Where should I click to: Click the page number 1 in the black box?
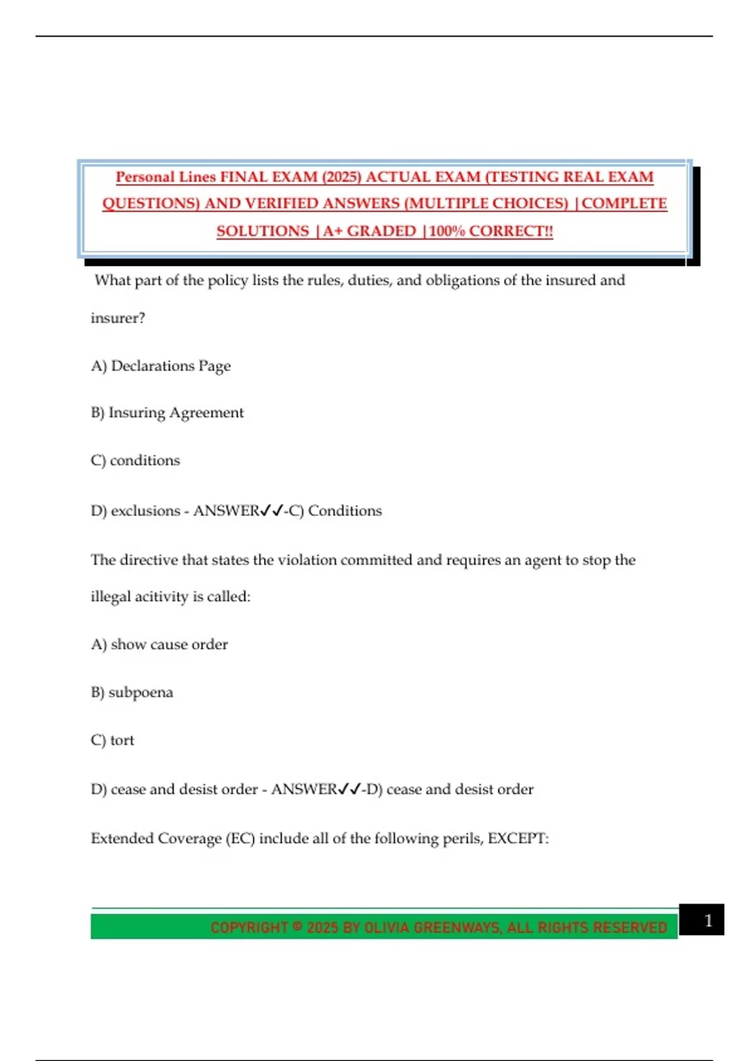[x=708, y=921]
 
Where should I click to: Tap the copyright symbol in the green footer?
[x=298, y=926]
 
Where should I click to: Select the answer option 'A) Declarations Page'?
[x=160, y=366]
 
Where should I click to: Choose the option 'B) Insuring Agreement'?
[x=167, y=413]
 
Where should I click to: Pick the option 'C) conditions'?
[x=135, y=461]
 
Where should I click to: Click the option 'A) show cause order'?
[x=159, y=644]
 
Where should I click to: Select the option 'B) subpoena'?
[x=132, y=692]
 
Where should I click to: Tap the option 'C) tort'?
[x=112, y=740]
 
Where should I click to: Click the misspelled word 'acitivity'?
[x=161, y=597]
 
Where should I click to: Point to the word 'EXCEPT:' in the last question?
[x=518, y=838]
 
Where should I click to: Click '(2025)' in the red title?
[x=341, y=177]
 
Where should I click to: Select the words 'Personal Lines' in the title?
[x=165, y=177]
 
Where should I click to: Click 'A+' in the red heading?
[x=332, y=231]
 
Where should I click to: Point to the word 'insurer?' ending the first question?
[x=117, y=318]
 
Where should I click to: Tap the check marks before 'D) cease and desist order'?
[x=350, y=790]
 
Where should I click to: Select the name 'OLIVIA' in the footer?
[x=386, y=927]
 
